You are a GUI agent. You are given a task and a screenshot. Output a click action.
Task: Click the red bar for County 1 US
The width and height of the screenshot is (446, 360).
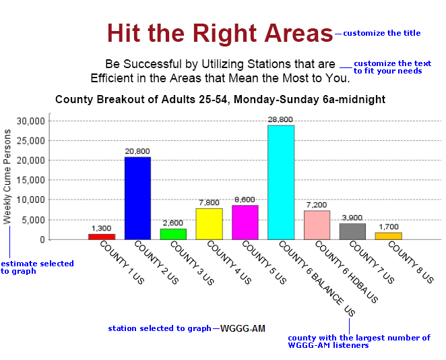(x=102, y=237)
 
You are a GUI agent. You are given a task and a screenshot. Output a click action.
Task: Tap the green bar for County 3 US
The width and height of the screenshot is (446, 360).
(x=173, y=234)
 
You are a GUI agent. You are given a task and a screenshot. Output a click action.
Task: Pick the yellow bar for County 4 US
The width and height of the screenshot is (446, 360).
(x=209, y=224)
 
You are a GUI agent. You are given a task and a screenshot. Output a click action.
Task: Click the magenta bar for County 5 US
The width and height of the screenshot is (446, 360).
(x=245, y=222)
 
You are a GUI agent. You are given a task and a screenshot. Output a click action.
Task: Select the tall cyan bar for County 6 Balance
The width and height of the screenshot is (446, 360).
(x=281, y=182)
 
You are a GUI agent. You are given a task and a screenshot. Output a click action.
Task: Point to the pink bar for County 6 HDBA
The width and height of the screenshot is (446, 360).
(x=317, y=225)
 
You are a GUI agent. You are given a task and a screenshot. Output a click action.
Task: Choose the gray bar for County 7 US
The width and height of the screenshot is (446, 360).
(x=352, y=231)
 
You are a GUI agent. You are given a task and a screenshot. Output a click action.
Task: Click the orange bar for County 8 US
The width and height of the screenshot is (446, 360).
(x=388, y=236)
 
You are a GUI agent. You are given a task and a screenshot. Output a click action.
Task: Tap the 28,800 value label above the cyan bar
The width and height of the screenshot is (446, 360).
(x=280, y=119)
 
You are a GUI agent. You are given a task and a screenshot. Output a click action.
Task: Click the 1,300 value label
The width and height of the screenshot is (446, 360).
(x=101, y=229)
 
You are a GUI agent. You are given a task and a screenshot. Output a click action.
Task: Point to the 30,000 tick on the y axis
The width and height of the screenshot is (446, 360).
(x=31, y=121)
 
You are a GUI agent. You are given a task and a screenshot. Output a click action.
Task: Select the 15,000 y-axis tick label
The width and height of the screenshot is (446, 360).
(x=31, y=180)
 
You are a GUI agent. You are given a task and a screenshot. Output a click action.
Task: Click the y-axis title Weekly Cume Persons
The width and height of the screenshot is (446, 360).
(x=8, y=177)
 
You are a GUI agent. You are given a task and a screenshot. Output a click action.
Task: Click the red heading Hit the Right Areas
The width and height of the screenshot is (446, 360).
(x=220, y=33)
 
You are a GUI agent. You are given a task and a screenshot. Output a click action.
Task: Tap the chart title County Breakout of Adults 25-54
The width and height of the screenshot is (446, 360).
(x=220, y=100)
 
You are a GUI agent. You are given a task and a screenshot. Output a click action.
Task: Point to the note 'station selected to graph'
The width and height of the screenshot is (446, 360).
(x=160, y=328)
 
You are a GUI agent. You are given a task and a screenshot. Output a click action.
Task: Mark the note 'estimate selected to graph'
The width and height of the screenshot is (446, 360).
(x=36, y=267)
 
